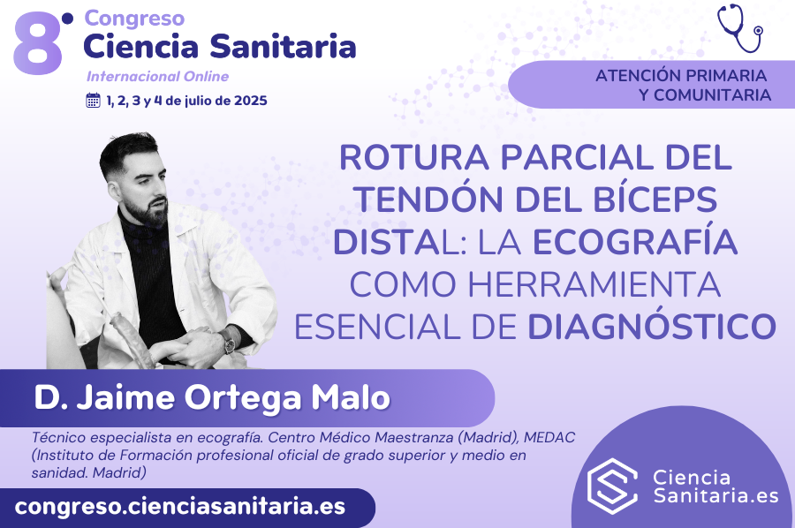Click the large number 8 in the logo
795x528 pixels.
click(x=38, y=44)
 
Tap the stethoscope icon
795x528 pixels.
click(x=739, y=28)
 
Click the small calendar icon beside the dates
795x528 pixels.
click(x=94, y=101)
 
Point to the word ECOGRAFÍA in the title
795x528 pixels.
click(x=635, y=242)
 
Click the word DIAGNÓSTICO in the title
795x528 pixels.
click(x=652, y=326)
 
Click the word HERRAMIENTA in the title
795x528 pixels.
click(x=594, y=284)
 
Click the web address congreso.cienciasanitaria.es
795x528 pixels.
click(x=180, y=507)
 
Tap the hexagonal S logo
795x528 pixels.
click(x=612, y=486)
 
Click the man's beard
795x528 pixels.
click(x=148, y=212)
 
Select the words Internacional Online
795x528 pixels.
click(x=158, y=77)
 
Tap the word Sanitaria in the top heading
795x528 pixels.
click(x=283, y=46)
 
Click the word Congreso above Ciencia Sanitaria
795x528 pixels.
click(x=134, y=19)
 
